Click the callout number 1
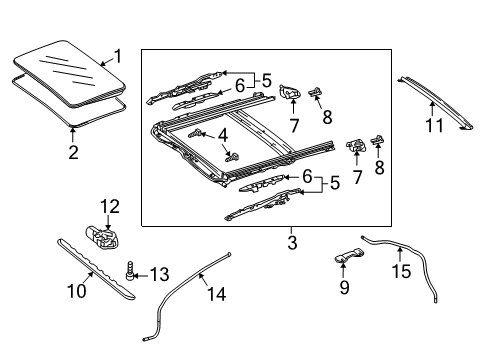pos(118,56)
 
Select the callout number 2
pos(73,152)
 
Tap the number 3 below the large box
pos(292,243)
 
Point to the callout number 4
pos(223,136)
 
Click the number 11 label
pos(435,125)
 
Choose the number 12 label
pos(110,207)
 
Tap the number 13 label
pos(159,274)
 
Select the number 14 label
pos(216,294)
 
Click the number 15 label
pos(401,271)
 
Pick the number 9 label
pos(344,287)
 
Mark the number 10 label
pos(77,291)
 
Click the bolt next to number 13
pos(130,270)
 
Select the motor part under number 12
pos(103,237)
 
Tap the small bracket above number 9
pos(349,255)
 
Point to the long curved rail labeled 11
pos(435,102)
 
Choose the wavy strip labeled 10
pos(97,268)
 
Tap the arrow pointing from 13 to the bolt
pos(140,276)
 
